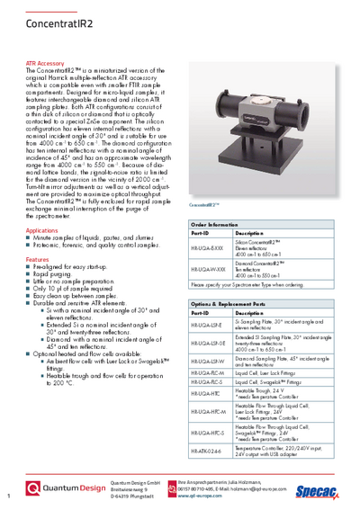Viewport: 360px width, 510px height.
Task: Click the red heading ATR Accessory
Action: click(x=45, y=65)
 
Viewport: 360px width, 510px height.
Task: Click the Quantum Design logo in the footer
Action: click(x=68, y=489)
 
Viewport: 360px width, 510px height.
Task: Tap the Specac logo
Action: click(x=326, y=491)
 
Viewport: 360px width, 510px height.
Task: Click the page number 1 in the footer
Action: click(x=7, y=496)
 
